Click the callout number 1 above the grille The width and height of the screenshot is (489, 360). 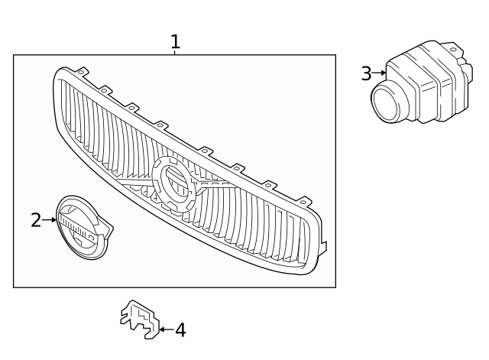[175, 41]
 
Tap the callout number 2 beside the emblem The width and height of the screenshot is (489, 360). [36, 220]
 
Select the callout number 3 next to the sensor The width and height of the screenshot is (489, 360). [366, 73]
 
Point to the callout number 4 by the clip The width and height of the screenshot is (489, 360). [180, 330]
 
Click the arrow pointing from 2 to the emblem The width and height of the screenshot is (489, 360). [50, 220]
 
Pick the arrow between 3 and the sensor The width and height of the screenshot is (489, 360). [379, 73]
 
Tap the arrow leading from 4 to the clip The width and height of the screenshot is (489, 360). [166, 330]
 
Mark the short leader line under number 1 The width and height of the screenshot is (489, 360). [175, 52]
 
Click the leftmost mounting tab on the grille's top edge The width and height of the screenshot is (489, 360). [82, 73]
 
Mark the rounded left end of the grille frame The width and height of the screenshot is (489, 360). [58, 107]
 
